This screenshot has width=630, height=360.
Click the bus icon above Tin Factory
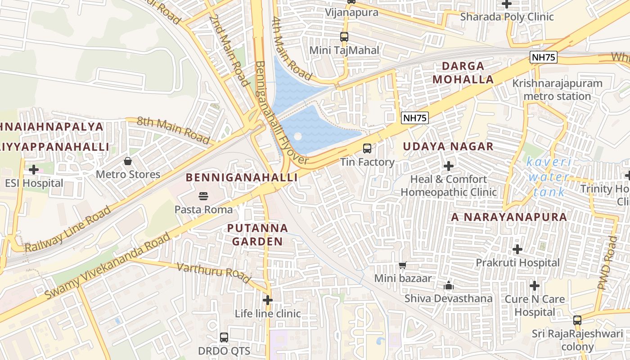(x=367, y=148)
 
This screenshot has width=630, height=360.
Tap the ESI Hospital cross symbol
(x=33, y=170)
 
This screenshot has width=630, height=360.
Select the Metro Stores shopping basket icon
(x=128, y=161)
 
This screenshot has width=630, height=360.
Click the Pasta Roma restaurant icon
(x=203, y=196)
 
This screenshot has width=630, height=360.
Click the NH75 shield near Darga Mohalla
(x=415, y=118)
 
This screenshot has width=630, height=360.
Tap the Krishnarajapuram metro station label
(x=557, y=90)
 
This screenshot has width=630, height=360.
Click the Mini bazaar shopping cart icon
(x=403, y=265)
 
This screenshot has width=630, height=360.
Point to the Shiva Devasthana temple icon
(x=448, y=285)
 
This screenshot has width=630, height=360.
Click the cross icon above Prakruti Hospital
(x=517, y=249)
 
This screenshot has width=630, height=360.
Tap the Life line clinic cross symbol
(x=268, y=300)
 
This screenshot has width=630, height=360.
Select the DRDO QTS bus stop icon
(x=224, y=337)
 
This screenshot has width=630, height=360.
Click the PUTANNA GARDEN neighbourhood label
(x=257, y=234)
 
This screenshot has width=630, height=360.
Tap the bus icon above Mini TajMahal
(x=344, y=36)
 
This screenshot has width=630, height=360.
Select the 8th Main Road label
(x=173, y=130)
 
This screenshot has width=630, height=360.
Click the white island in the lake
(x=297, y=136)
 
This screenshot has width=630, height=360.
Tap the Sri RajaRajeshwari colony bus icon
(x=577, y=320)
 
